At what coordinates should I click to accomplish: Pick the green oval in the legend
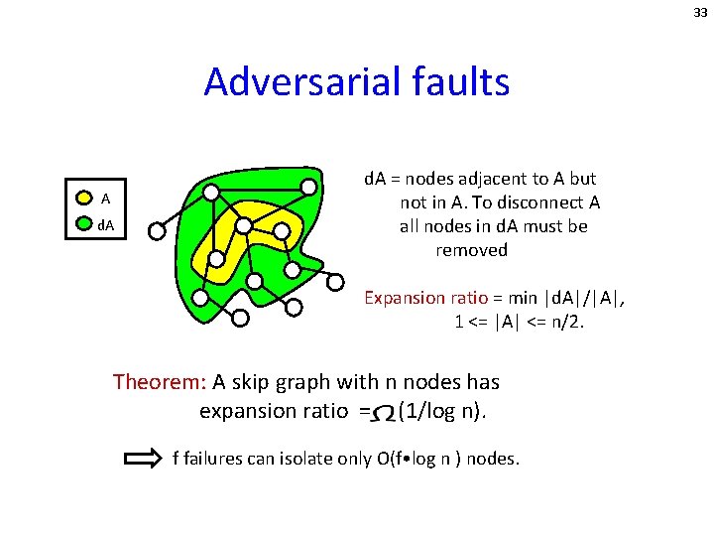pos(85,225)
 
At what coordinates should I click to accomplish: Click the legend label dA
pos(105,225)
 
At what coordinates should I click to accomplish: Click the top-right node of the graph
pos(309,187)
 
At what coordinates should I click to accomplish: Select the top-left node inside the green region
pos(210,192)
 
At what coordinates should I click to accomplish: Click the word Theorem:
pos(159,382)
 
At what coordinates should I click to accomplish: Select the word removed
pos(471,250)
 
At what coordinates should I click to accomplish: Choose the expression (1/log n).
pos(441,411)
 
